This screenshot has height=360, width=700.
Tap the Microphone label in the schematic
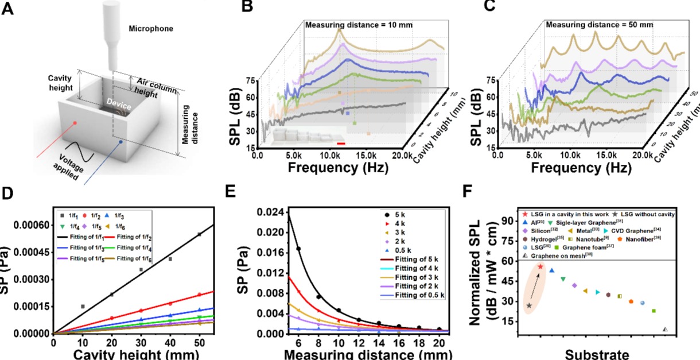click(149, 28)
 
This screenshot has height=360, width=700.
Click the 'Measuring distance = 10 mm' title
click(359, 25)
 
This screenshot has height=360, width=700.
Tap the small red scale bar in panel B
click(341, 144)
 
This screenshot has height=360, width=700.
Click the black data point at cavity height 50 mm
click(199, 234)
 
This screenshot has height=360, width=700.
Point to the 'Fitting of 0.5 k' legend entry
click(413, 295)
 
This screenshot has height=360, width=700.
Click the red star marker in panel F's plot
click(540, 266)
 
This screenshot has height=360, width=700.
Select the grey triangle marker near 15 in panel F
click(665, 330)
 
